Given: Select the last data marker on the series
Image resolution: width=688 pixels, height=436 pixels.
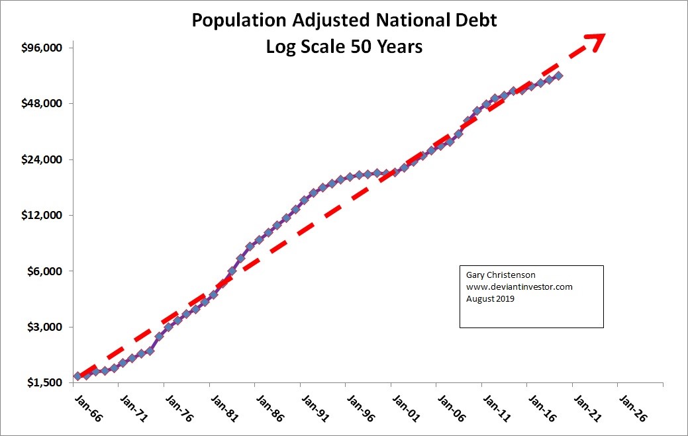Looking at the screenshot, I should tap(559, 75).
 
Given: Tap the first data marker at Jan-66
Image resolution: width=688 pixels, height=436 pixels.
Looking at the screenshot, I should tap(78, 376).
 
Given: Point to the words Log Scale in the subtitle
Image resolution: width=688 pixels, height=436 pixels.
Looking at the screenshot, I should tap(296, 48).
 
